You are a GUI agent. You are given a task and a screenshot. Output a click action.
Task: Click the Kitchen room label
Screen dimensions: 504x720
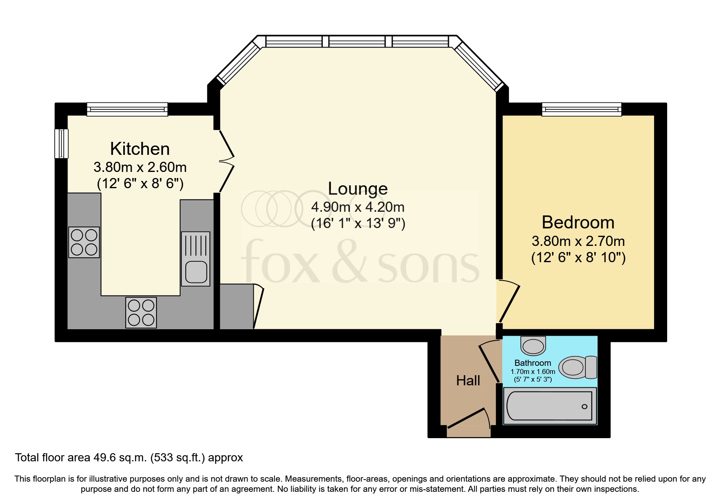pos(140,149)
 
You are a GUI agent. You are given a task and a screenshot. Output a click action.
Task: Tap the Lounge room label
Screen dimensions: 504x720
pos(358,189)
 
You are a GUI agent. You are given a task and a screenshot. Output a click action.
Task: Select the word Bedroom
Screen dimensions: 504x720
pos(578,222)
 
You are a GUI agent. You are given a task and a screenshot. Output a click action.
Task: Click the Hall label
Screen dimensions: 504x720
pos(468,380)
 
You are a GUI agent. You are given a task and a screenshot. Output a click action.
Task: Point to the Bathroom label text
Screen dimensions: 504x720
pos(533,363)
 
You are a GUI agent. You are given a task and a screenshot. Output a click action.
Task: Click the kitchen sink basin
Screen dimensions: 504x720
pos(196,272)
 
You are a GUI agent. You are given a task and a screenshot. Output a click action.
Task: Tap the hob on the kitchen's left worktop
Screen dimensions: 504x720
pos(84,242)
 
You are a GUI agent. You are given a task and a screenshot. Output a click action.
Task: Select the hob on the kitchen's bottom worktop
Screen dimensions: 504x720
pos(141,313)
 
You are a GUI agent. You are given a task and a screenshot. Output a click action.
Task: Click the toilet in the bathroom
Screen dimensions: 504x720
pos(577,367)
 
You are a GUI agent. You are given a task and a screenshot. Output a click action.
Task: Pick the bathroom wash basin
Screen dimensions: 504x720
pos(533,346)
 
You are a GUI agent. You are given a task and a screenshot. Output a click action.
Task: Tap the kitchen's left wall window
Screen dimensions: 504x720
pos(61,143)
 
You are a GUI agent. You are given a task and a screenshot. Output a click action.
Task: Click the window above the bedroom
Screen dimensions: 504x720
pos(581,109)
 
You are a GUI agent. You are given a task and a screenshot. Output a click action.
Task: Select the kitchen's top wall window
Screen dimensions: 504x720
pos(127,109)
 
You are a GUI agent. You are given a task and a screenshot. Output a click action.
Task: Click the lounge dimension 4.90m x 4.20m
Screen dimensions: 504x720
pos(358,207)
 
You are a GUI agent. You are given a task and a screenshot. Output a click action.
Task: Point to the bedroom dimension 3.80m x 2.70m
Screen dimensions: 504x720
pos(578,241)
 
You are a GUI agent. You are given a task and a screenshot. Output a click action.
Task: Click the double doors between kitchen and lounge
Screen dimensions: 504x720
pos(226,161)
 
